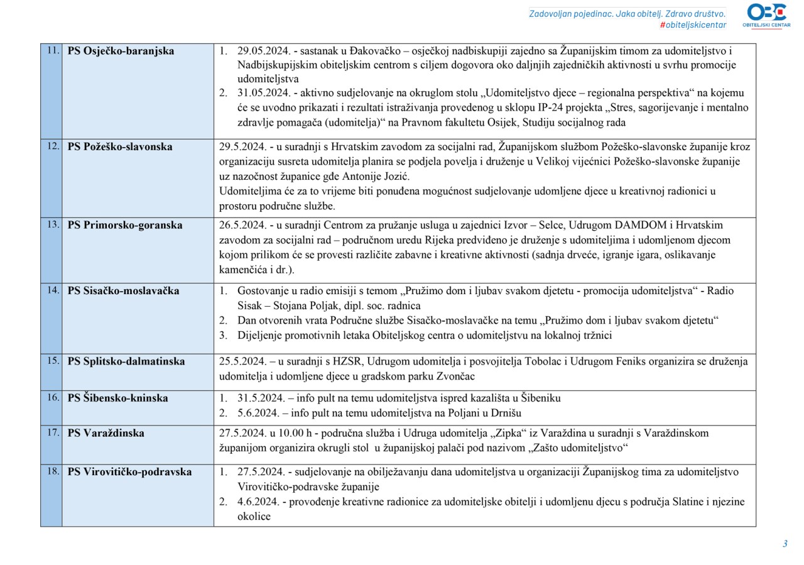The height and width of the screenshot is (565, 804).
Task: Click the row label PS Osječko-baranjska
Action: (121, 51)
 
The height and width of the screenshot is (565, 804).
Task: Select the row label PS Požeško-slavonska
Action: (120, 146)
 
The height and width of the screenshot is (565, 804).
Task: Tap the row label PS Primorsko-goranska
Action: (125, 225)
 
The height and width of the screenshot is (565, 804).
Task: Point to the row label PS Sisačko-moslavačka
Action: (123, 290)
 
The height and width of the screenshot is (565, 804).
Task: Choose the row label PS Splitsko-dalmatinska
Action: (126, 361)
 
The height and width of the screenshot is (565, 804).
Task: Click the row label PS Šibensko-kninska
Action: (117, 398)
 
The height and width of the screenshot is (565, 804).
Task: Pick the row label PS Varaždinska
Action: (106, 433)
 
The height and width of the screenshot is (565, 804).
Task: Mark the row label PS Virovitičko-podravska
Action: (129, 472)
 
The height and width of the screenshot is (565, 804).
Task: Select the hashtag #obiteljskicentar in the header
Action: (693, 25)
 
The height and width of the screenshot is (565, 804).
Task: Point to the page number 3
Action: (785, 544)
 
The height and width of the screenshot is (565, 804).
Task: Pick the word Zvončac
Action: (455, 376)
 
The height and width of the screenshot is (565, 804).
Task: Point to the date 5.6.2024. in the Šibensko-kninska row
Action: (258, 413)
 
